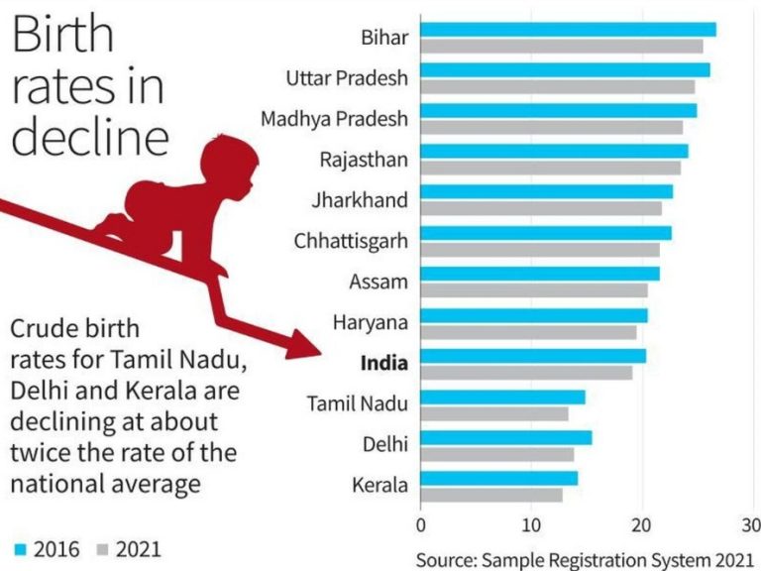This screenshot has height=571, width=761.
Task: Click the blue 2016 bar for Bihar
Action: pyautogui.click(x=568, y=30)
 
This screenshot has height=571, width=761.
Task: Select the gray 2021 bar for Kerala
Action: pyautogui.click(x=491, y=495)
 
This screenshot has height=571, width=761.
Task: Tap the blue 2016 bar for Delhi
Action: pyautogui.click(x=505, y=437)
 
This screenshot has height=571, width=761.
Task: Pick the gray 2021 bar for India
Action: pyautogui.click(x=526, y=373)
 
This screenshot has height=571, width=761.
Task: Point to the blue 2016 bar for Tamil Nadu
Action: pyautogui.click(x=502, y=397)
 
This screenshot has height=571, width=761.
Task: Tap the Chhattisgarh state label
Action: pyautogui.click(x=351, y=241)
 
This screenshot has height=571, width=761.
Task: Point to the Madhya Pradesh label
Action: pyautogui.click(x=334, y=119)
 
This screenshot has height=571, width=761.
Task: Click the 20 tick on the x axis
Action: pyautogui.click(x=641, y=524)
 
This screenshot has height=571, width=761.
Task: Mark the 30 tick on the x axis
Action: pyautogui.click(x=752, y=524)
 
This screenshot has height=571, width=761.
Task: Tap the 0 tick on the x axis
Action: pyautogui.click(x=421, y=524)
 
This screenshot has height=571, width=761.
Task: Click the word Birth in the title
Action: pyautogui.click(x=63, y=36)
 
